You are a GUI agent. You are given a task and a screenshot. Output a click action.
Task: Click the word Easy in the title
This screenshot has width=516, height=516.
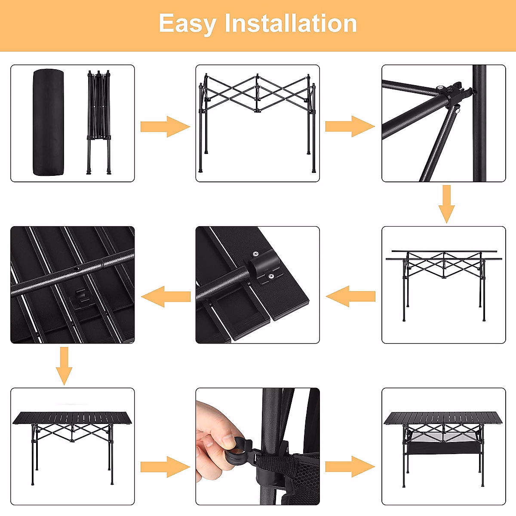pyautogui.click(x=188, y=24)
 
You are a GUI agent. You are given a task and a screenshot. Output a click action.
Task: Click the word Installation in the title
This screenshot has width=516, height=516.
pyautogui.click(x=291, y=23)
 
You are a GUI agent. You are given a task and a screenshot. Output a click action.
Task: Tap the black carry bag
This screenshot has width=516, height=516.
pyautogui.click(x=49, y=123)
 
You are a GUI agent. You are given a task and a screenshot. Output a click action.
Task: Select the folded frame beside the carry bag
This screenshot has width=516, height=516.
pyautogui.click(x=99, y=123)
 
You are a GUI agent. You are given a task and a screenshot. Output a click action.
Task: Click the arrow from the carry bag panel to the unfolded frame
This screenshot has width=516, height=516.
pyautogui.click(x=165, y=127)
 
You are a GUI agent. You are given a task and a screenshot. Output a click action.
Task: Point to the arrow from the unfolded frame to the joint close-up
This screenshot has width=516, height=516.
pyautogui.click(x=350, y=126)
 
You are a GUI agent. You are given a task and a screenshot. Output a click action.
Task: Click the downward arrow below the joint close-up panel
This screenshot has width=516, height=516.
pyautogui.click(x=446, y=204)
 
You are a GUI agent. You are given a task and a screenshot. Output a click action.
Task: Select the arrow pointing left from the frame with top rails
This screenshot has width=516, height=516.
pyautogui.click(x=350, y=296)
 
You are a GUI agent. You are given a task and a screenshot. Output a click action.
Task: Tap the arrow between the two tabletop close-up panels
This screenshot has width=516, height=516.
pyautogui.click(x=166, y=297)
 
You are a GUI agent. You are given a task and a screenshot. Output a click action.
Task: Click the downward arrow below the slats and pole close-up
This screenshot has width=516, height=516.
pyautogui.click(x=64, y=366)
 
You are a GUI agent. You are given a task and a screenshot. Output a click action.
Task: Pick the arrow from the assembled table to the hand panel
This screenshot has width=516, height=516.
pyautogui.click(x=165, y=467)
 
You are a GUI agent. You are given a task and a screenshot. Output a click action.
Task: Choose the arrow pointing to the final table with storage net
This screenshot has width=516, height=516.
pyautogui.click(x=350, y=467)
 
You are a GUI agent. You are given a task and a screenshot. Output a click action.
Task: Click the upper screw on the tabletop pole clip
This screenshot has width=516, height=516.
pyautogui.click(x=256, y=253)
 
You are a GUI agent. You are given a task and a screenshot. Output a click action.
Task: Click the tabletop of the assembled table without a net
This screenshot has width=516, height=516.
pyautogui.click(x=72, y=418)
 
